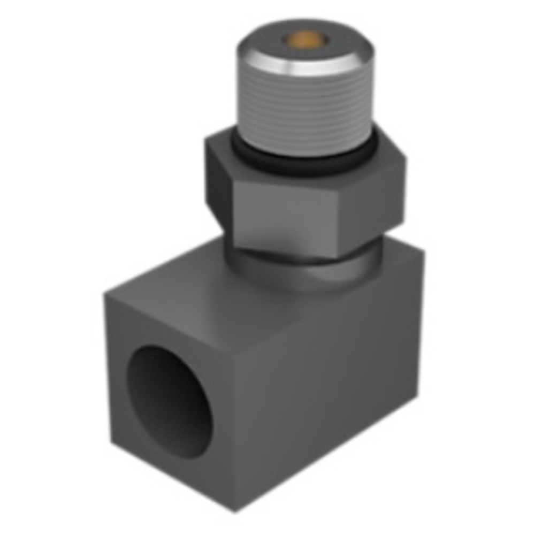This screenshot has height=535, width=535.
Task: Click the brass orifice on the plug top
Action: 304,39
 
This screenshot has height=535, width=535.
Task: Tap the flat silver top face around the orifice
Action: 332,45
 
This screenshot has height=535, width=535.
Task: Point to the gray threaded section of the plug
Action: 305,107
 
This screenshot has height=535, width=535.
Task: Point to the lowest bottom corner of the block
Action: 235,511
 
